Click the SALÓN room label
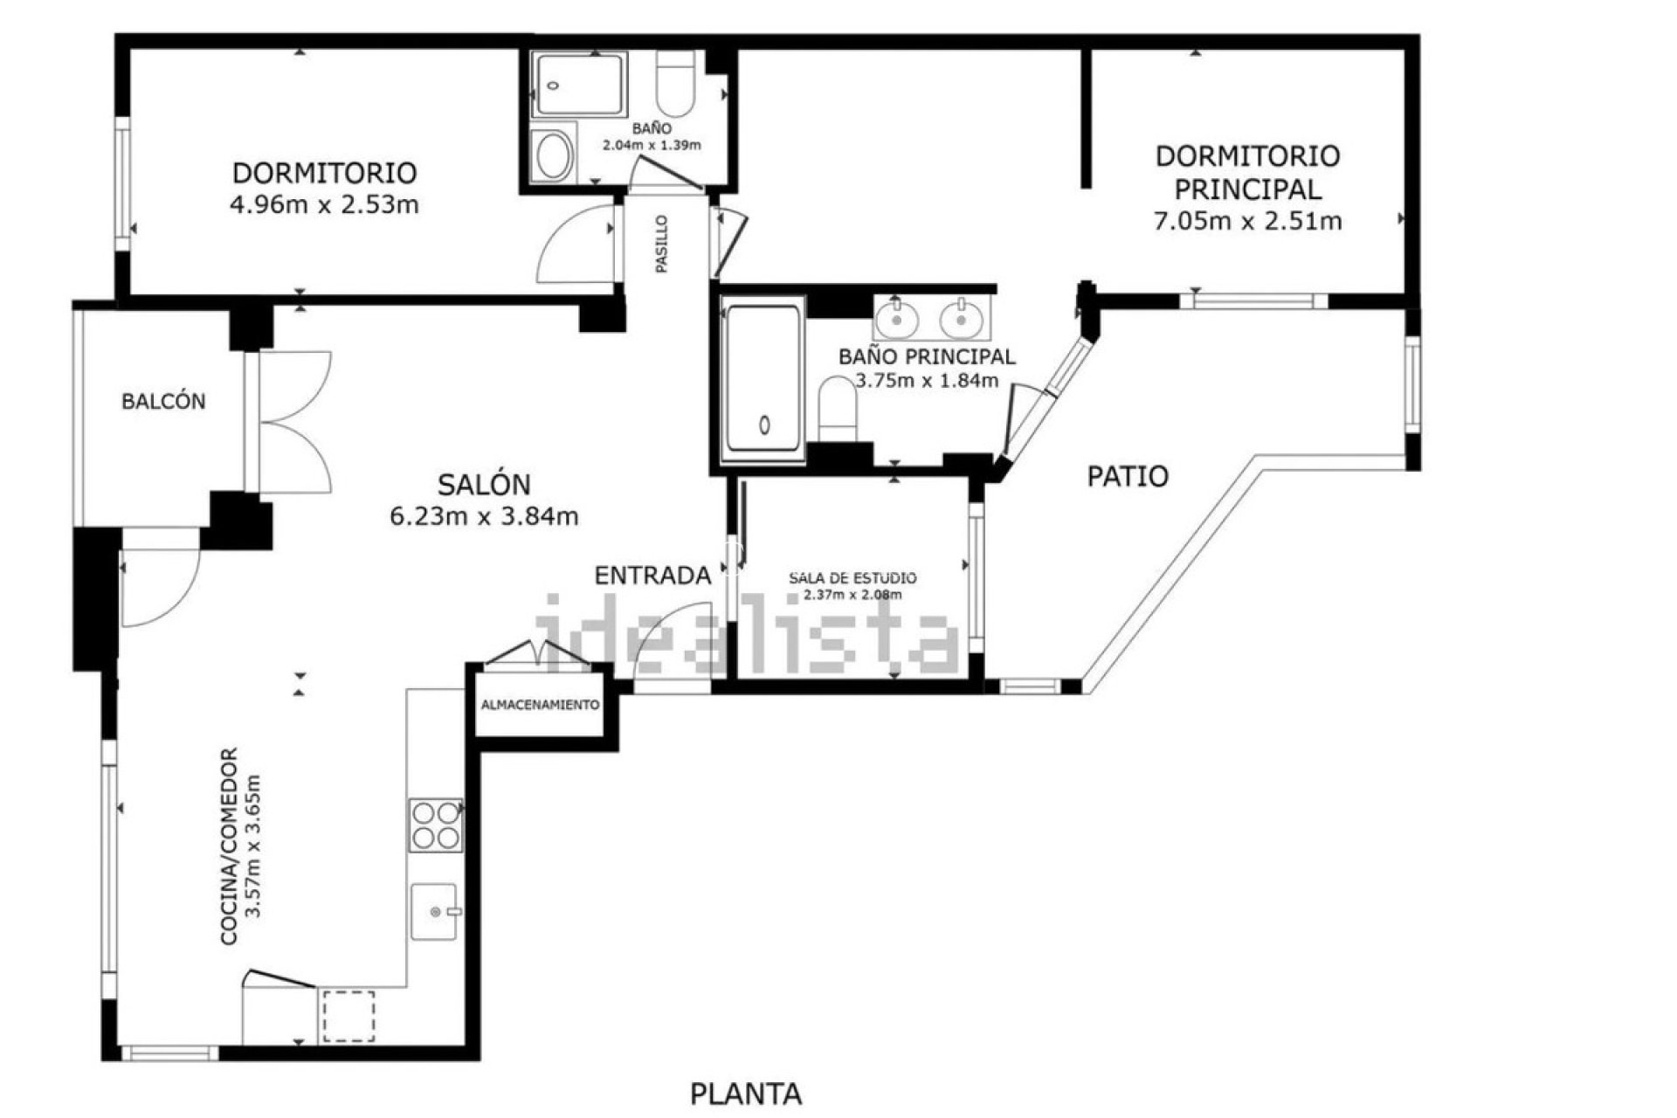point(484,484)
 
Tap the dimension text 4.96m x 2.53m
point(324,205)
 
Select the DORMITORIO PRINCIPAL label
point(1247,172)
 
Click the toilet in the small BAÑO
point(675,84)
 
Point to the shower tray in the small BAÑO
point(580,85)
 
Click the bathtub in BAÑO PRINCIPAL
point(763,378)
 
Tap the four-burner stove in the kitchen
point(435,825)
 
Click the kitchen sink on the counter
point(434,911)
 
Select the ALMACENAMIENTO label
point(541,705)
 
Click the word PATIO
point(1128,477)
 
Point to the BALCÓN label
point(163,402)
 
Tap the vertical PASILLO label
point(662,245)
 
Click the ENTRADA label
point(652,576)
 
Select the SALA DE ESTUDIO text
point(852,578)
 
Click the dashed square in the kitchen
point(349,1016)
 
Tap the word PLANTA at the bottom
point(746,1094)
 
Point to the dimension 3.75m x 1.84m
point(926,381)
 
